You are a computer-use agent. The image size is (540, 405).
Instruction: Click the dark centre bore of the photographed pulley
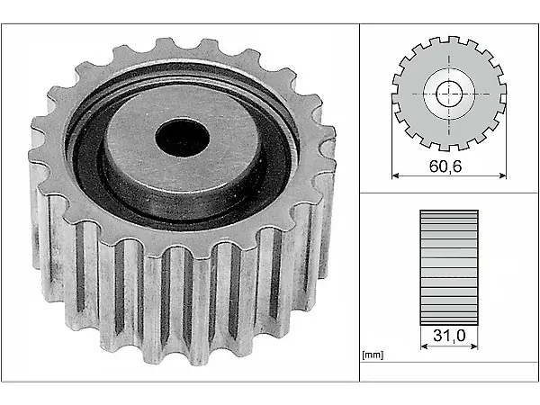182,138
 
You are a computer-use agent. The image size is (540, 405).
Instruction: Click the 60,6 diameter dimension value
445,166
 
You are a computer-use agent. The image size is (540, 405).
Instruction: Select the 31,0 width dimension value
449,335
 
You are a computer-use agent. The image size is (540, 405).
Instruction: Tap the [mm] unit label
373,355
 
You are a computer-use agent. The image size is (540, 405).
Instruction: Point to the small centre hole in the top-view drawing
449,94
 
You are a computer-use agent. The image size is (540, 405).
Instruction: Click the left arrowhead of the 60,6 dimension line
395,175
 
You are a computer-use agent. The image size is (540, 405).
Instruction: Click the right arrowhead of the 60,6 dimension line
503,175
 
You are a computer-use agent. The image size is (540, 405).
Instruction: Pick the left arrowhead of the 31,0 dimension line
424,346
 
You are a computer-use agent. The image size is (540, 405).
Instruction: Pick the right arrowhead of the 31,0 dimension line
474,346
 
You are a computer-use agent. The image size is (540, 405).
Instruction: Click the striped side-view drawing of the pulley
449,267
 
